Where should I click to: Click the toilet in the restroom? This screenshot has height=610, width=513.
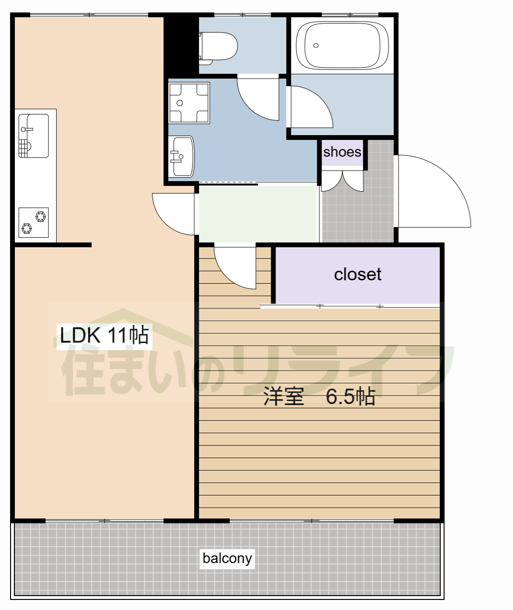tap(218, 48)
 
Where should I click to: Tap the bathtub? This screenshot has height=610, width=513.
tap(342, 45)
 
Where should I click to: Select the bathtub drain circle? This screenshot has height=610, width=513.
tap(315, 46)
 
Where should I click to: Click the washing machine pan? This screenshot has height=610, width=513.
tap(189, 103)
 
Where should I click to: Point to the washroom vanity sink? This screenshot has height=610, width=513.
tap(181, 157)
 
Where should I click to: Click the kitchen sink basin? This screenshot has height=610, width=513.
tap(34, 136)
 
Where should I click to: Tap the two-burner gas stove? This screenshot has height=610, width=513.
tap(34, 223)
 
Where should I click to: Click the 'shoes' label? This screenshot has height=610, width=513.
tap(342, 152)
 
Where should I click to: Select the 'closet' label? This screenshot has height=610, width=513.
tap(358, 275)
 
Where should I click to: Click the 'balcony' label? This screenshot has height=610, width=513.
tap(227, 559)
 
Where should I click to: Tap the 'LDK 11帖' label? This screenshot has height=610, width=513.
tap(105, 335)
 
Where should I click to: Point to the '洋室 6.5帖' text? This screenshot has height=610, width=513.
tap(319, 396)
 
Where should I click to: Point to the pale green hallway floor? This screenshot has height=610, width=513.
tap(258, 214)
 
